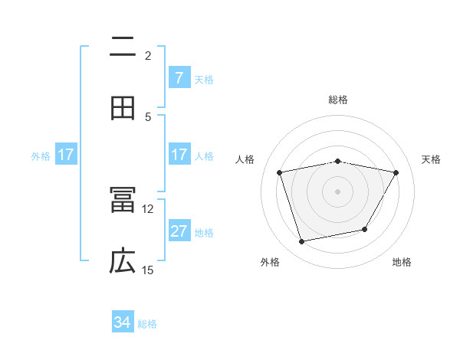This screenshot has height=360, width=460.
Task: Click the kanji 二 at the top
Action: pyautogui.click(x=123, y=47)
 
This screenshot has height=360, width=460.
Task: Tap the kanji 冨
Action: pyautogui.click(x=123, y=201)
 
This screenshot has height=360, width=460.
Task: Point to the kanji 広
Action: pyautogui.click(x=123, y=262)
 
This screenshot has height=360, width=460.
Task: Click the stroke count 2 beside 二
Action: pyautogui.click(x=148, y=56)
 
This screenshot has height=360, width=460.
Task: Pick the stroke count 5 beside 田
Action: pyautogui.click(x=148, y=116)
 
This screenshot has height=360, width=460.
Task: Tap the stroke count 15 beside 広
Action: pyautogui.click(x=148, y=270)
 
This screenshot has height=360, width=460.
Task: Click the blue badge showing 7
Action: pyautogui.click(x=179, y=78)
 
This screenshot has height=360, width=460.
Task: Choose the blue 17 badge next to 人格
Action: pyautogui.click(x=179, y=155)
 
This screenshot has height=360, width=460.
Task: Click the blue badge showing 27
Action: pyautogui.click(x=179, y=231)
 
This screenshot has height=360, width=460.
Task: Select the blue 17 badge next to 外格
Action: pyautogui.click(x=65, y=155)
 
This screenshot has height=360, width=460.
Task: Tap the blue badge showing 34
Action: pyautogui.click(x=123, y=322)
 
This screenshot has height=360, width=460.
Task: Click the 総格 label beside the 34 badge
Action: pyautogui.click(x=147, y=324)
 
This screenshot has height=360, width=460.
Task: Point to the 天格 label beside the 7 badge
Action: pyautogui.click(x=204, y=80)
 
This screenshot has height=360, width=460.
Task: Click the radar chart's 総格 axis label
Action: pyautogui.click(x=338, y=100)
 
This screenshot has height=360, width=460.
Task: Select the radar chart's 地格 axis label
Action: pyautogui.click(x=402, y=263)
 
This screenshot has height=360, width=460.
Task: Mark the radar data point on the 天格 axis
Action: pyautogui.click(x=396, y=173)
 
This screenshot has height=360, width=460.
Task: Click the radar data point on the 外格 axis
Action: pyautogui.click(x=302, y=241)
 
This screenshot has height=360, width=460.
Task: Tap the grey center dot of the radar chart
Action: pyautogui.click(x=338, y=191)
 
